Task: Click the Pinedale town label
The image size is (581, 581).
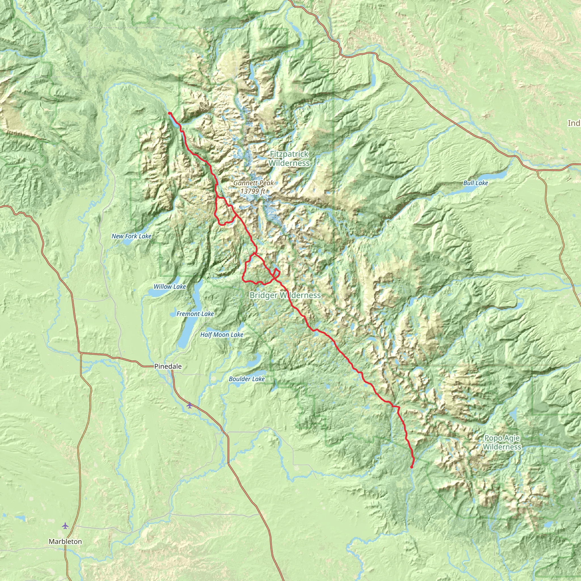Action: coord(168,366)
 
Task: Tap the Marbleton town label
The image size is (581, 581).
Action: coord(65,542)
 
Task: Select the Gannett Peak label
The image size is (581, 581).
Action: coord(254,183)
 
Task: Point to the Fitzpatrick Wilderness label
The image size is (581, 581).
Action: coord(289,159)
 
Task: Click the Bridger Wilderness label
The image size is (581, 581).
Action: coord(285,295)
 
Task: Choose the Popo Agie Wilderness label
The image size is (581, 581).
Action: coord(502,442)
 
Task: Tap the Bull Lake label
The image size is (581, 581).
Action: coord(475,183)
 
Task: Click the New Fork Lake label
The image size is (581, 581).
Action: coord(131,236)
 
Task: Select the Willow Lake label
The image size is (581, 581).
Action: coord(170,287)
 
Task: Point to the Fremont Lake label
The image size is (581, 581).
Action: coord(195,314)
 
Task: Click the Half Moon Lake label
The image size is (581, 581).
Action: coord(222,335)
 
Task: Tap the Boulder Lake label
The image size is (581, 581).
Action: coord(247,379)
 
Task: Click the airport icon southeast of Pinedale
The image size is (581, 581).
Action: coord(189,405)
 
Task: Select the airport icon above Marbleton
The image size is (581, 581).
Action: coord(65,526)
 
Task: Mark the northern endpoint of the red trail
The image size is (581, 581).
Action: coord(170,113)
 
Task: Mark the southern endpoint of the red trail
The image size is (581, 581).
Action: coord(411,467)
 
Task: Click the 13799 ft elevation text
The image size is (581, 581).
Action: coord(252,191)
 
